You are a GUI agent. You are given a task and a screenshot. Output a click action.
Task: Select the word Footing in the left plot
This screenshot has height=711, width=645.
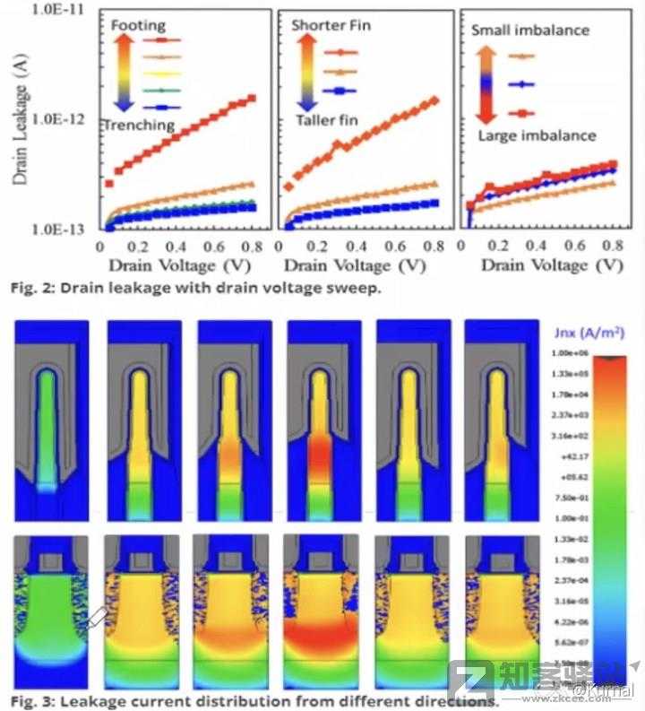pos(138,27)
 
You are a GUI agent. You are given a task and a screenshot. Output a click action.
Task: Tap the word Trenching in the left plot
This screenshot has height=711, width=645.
pos(138,125)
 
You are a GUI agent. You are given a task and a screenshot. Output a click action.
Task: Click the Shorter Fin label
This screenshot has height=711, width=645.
pos(331,25)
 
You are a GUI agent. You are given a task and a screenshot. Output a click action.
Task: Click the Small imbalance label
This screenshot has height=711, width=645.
pos(530,30)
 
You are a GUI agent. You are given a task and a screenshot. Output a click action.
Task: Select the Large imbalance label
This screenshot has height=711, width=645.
pos(536,135)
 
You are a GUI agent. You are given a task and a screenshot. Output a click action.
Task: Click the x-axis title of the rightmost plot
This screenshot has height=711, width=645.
pos(551,265)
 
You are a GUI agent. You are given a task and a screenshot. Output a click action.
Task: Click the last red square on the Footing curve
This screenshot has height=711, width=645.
pos(252,98)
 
